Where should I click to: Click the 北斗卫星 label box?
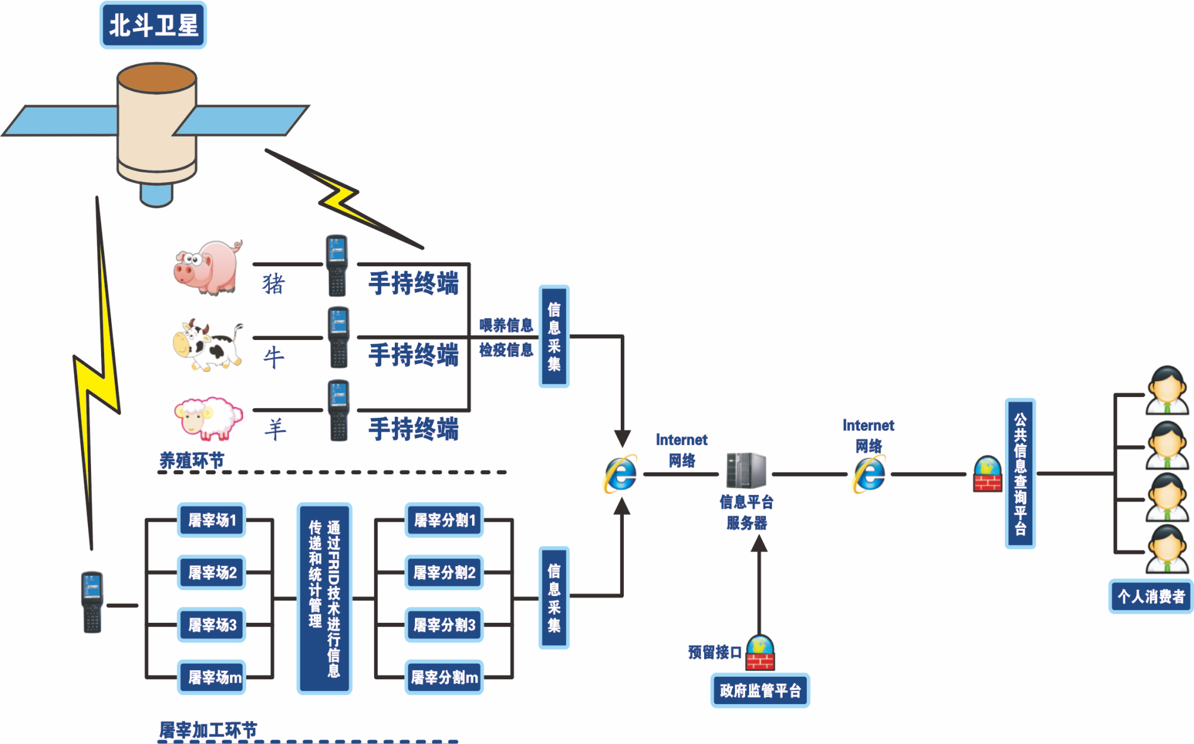153,25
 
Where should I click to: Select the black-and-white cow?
208,346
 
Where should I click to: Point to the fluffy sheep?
208,418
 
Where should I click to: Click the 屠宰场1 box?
212,521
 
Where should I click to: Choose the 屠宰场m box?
212,677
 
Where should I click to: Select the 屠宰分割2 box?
444,573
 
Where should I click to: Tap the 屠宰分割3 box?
444,625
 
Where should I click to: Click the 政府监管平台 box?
760,691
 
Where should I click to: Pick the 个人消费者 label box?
1151,596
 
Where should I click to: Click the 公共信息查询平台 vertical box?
1020,474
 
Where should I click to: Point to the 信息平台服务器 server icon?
746,471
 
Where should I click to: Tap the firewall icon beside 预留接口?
761,653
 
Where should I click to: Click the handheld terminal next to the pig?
337,265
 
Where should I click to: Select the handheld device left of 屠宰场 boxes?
92,602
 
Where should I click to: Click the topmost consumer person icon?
1167,390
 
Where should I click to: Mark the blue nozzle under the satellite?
156,194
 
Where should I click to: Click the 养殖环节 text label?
191,461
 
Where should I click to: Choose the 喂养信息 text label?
506,325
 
